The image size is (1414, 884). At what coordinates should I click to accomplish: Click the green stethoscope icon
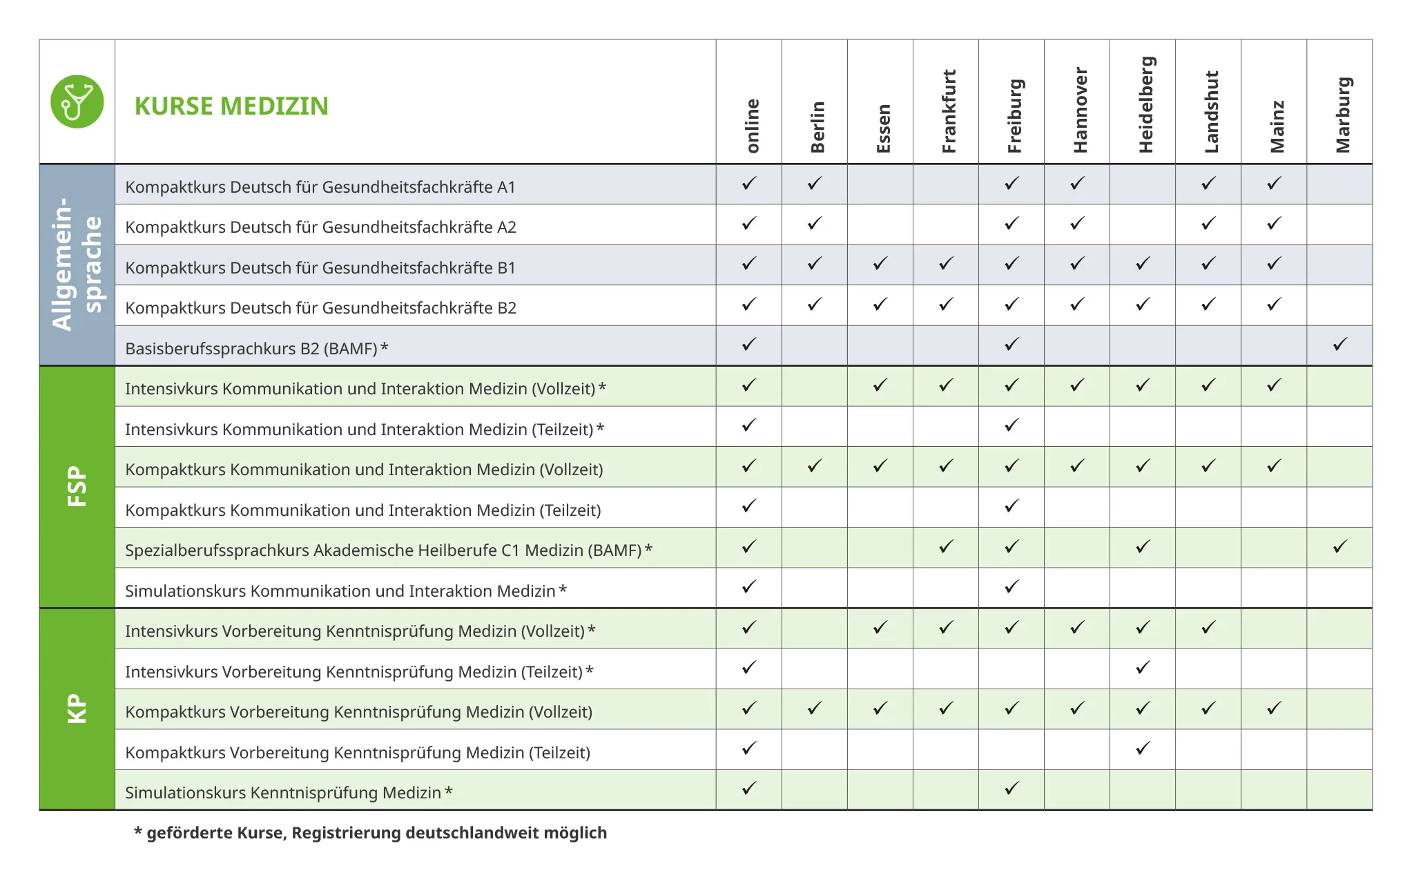(77, 102)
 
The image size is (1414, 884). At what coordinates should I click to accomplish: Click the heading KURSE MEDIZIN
(231, 106)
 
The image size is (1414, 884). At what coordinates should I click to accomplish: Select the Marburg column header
(1342, 115)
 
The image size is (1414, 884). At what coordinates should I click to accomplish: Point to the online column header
(752, 126)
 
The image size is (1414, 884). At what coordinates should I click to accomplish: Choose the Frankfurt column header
(949, 111)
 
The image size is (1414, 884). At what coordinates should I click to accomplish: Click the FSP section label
(77, 486)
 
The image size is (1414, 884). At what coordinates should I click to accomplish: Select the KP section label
(77, 709)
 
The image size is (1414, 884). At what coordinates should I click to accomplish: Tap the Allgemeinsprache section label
(77, 264)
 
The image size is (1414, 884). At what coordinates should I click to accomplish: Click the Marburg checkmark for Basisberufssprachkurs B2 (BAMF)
(1340, 344)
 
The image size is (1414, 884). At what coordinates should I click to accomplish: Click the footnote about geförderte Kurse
(371, 833)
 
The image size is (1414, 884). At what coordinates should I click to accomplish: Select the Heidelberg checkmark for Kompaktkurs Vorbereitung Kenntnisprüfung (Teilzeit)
(1143, 748)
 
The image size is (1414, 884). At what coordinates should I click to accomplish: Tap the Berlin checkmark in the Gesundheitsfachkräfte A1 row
(815, 183)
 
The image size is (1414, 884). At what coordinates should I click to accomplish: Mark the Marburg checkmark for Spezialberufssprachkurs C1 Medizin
(1340, 547)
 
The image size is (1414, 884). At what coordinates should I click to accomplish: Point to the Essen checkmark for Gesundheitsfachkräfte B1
(880, 264)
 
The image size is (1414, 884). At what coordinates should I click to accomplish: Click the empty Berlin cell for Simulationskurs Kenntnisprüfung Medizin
(815, 789)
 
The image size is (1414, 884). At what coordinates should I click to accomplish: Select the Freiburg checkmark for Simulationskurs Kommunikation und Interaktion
(1011, 587)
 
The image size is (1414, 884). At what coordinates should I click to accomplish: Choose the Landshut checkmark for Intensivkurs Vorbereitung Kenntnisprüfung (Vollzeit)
(1208, 628)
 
